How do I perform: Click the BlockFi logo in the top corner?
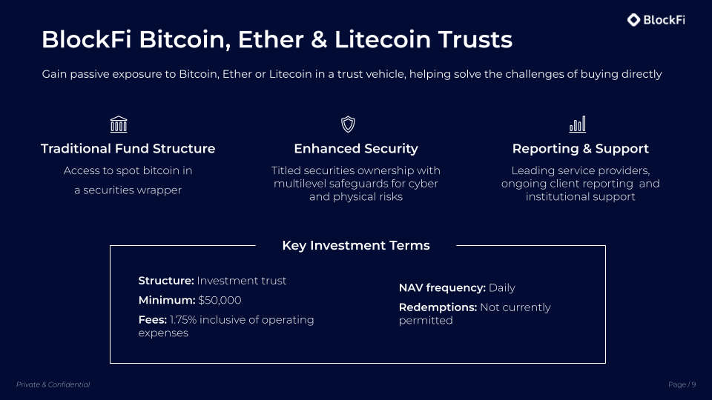pyautogui.click(x=656, y=20)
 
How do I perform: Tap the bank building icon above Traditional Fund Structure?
pyautogui.click(x=118, y=124)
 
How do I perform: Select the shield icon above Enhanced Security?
pyautogui.click(x=348, y=124)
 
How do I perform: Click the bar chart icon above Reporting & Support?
pyautogui.click(x=578, y=124)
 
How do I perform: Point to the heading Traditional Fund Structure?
pyautogui.click(x=128, y=149)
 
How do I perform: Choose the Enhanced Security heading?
pyautogui.click(x=356, y=149)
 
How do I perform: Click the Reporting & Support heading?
pyautogui.click(x=581, y=149)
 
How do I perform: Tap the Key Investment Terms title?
pyautogui.click(x=356, y=245)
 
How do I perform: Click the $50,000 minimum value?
pyautogui.click(x=220, y=300)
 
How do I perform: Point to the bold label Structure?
pyautogui.click(x=166, y=281)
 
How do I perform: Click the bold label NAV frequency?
pyautogui.click(x=442, y=287)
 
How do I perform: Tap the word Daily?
pyautogui.click(x=502, y=287)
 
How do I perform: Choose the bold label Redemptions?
pyautogui.click(x=438, y=307)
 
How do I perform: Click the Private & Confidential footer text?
pyautogui.click(x=53, y=384)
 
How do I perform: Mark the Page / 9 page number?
pyautogui.click(x=682, y=384)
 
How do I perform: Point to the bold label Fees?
pyautogui.click(x=153, y=319)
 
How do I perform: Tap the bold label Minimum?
pyautogui.click(x=167, y=300)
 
